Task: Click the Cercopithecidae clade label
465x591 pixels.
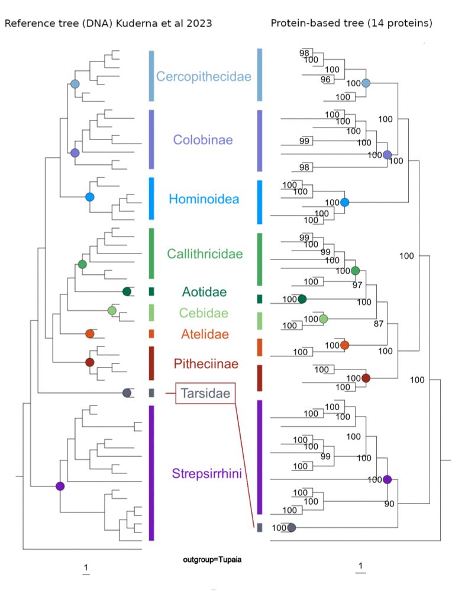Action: tap(204, 76)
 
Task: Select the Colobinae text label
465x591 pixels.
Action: tap(203, 140)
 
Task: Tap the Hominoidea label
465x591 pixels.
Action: tap(204, 199)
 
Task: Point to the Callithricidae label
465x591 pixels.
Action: tap(205, 254)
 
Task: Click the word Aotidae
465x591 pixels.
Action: tap(204, 291)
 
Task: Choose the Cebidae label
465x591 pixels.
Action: tap(205, 313)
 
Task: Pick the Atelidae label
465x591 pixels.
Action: tap(205, 335)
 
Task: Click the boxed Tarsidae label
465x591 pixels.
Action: tap(205, 393)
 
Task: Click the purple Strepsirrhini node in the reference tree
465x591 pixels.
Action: tap(60, 486)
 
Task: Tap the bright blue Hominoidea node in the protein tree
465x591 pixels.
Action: tap(344, 203)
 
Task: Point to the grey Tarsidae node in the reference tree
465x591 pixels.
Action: tap(127, 393)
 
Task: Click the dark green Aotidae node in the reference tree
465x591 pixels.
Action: tap(127, 291)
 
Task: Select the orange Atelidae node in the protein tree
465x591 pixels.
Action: tap(344, 345)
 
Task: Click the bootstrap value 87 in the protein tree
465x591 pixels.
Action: tap(379, 324)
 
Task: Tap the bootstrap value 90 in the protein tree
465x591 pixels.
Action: tap(388, 504)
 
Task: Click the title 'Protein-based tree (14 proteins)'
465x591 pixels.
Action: tap(351, 24)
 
